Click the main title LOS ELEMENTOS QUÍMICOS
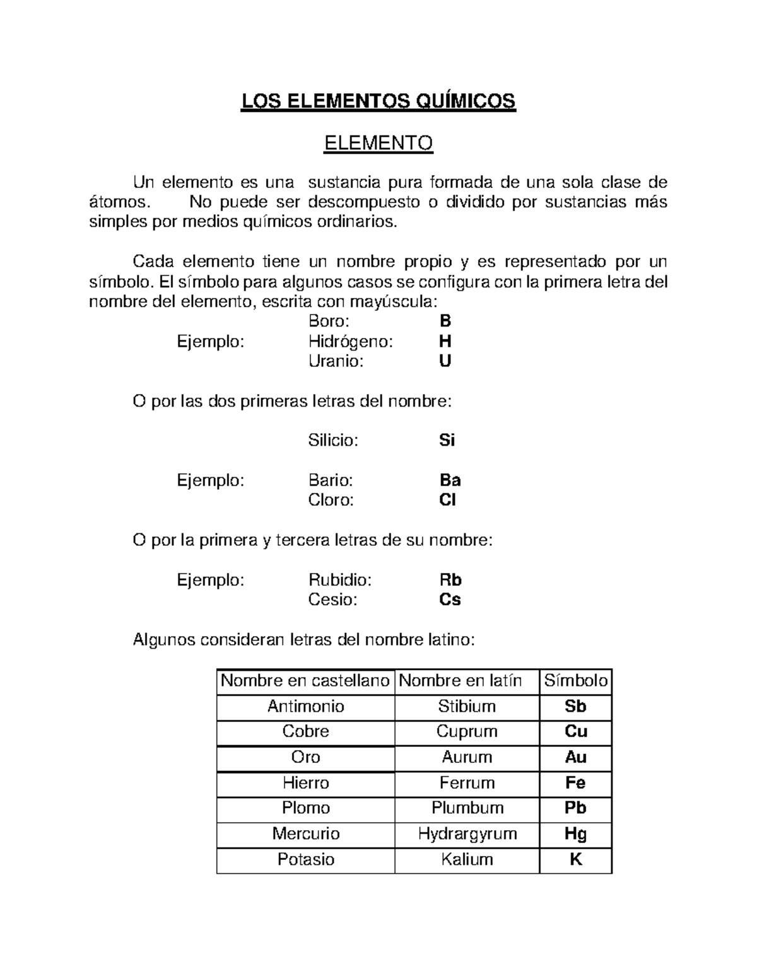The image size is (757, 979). click(378, 101)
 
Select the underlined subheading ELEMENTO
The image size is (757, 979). click(378, 144)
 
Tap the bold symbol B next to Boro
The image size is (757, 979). click(445, 322)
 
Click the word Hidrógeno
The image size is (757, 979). click(350, 342)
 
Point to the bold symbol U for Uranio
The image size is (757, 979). click(445, 361)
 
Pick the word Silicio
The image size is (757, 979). click(333, 440)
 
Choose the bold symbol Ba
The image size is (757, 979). click(450, 480)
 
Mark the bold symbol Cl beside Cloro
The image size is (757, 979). click(447, 500)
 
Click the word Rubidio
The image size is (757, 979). click(339, 580)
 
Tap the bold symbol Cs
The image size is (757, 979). click(450, 600)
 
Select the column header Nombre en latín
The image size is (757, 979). click(461, 681)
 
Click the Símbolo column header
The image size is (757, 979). click(576, 681)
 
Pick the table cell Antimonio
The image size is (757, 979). click(306, 706)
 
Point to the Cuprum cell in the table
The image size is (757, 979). click(467, 731)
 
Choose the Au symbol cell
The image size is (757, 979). click(576, 757)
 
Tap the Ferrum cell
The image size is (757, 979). click(467, 783)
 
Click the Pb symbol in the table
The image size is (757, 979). click(576, 808)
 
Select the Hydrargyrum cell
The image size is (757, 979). click(467, 834)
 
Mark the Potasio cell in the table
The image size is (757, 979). click(306, 860)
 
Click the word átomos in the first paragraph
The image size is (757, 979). click(119, 202)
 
